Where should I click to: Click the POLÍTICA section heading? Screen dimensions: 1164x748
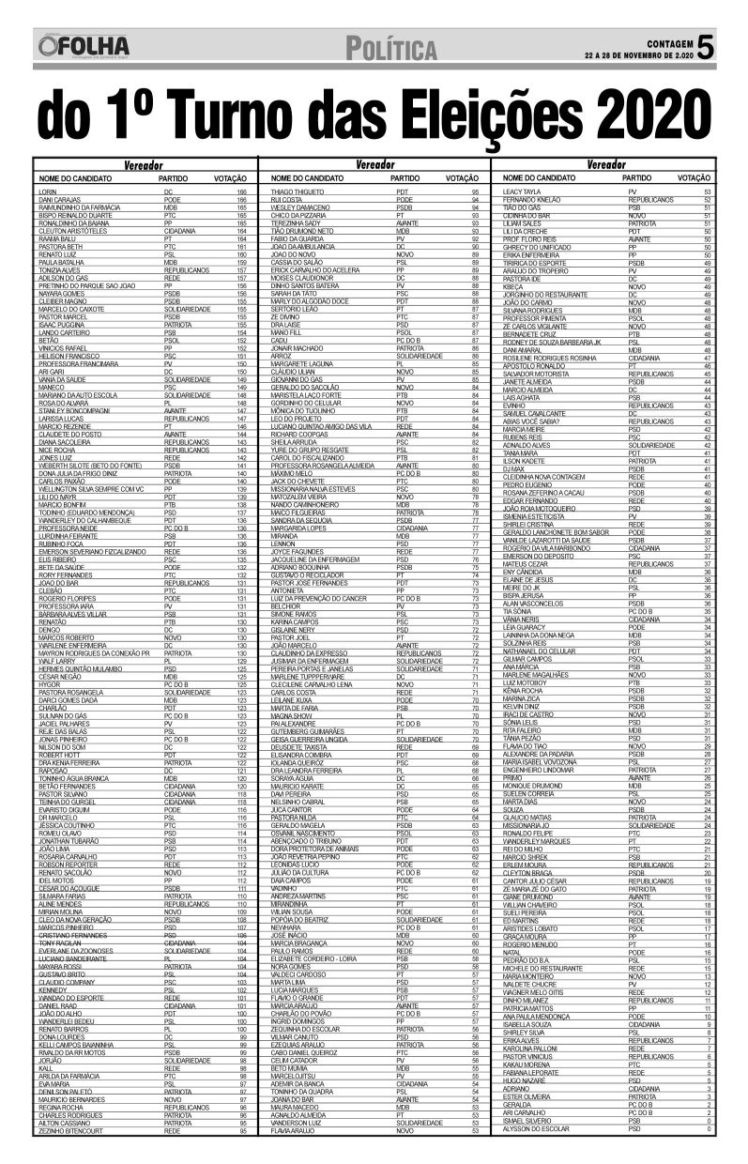[x=390, y=48]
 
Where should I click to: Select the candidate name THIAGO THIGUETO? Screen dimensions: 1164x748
[x=298, y=191]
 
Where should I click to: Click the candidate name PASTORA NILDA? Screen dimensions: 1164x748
[x=293, y=818]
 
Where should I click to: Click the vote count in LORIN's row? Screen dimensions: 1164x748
[x=241, y=191]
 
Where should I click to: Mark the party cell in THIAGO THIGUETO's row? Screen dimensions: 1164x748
[x=403, y=191]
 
